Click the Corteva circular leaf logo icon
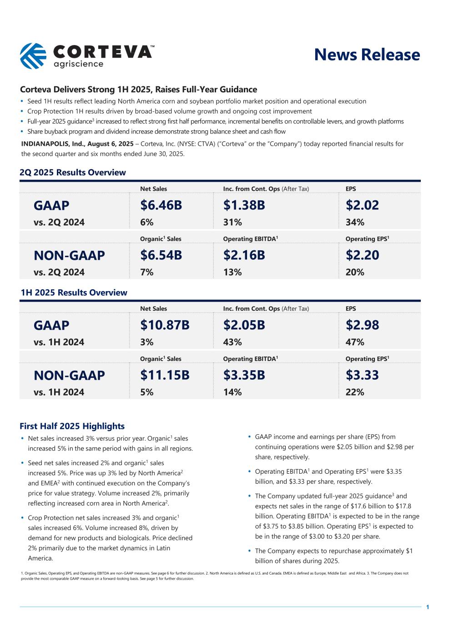[x=33, y=56]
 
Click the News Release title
[x=367, y=55]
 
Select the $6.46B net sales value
[x=161, y=205]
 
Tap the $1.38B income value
[x=244, y=205]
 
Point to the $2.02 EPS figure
[x=362, y=205]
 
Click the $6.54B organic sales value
[x=161, y=255]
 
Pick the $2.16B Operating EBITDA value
[x=244, y=255]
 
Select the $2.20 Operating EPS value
[x=362, y=255]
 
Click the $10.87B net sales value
[x=165, y=325]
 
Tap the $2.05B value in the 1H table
[x=244, y=325]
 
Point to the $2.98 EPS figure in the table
[x=362, y=325]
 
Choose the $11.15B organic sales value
[x=165, y=375]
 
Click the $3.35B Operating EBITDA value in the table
[x=244, y=375]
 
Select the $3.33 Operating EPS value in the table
[x=362, y=375]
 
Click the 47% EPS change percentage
[x=355, y=342]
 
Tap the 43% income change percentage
[x=232, y=342]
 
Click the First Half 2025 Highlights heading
[x=72, y=426]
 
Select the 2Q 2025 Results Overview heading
[x=73, y=173]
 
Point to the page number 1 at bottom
[x=428, y=607]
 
